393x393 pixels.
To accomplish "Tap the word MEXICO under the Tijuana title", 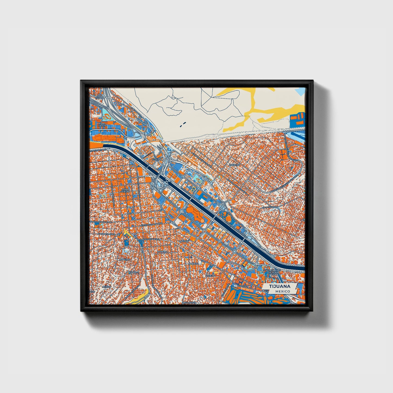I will (x=282, y=291).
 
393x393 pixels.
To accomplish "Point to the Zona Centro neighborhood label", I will (x=125, y=190).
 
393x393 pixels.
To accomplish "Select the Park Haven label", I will (x=102, y=125).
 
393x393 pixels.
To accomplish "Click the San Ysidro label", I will (x=100, y=97).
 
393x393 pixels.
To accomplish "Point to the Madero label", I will (x=162, y=252).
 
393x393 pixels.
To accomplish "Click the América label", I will (x=193, y=264).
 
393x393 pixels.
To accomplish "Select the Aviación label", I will (x=243, y=286).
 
